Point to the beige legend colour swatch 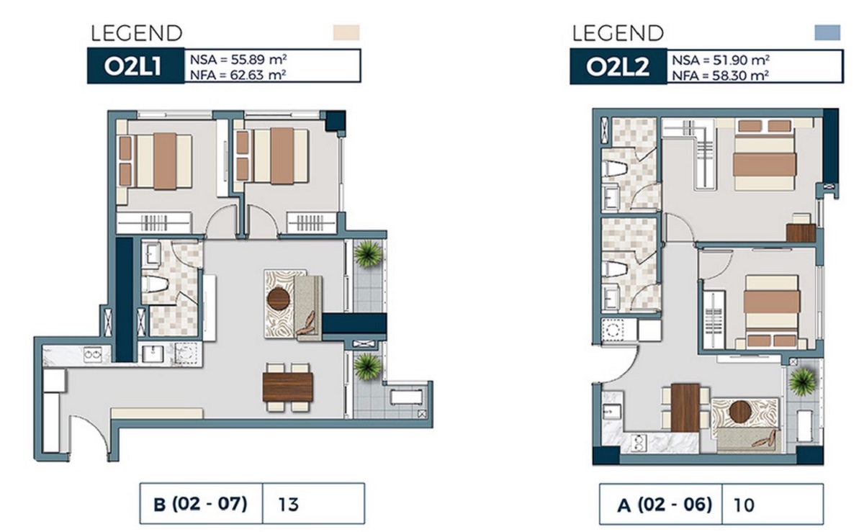coord(346,32)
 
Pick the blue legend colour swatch coord(827,32)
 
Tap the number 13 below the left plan coord(290,504)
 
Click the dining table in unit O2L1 coord(288,387)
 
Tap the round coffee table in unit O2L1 coord(279,298)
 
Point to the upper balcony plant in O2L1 coord(368,253)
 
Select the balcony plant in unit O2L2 coord(801,381)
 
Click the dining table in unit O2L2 coord(685,407)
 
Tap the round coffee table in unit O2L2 coord(740,411)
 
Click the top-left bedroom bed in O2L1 coord(163,161)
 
